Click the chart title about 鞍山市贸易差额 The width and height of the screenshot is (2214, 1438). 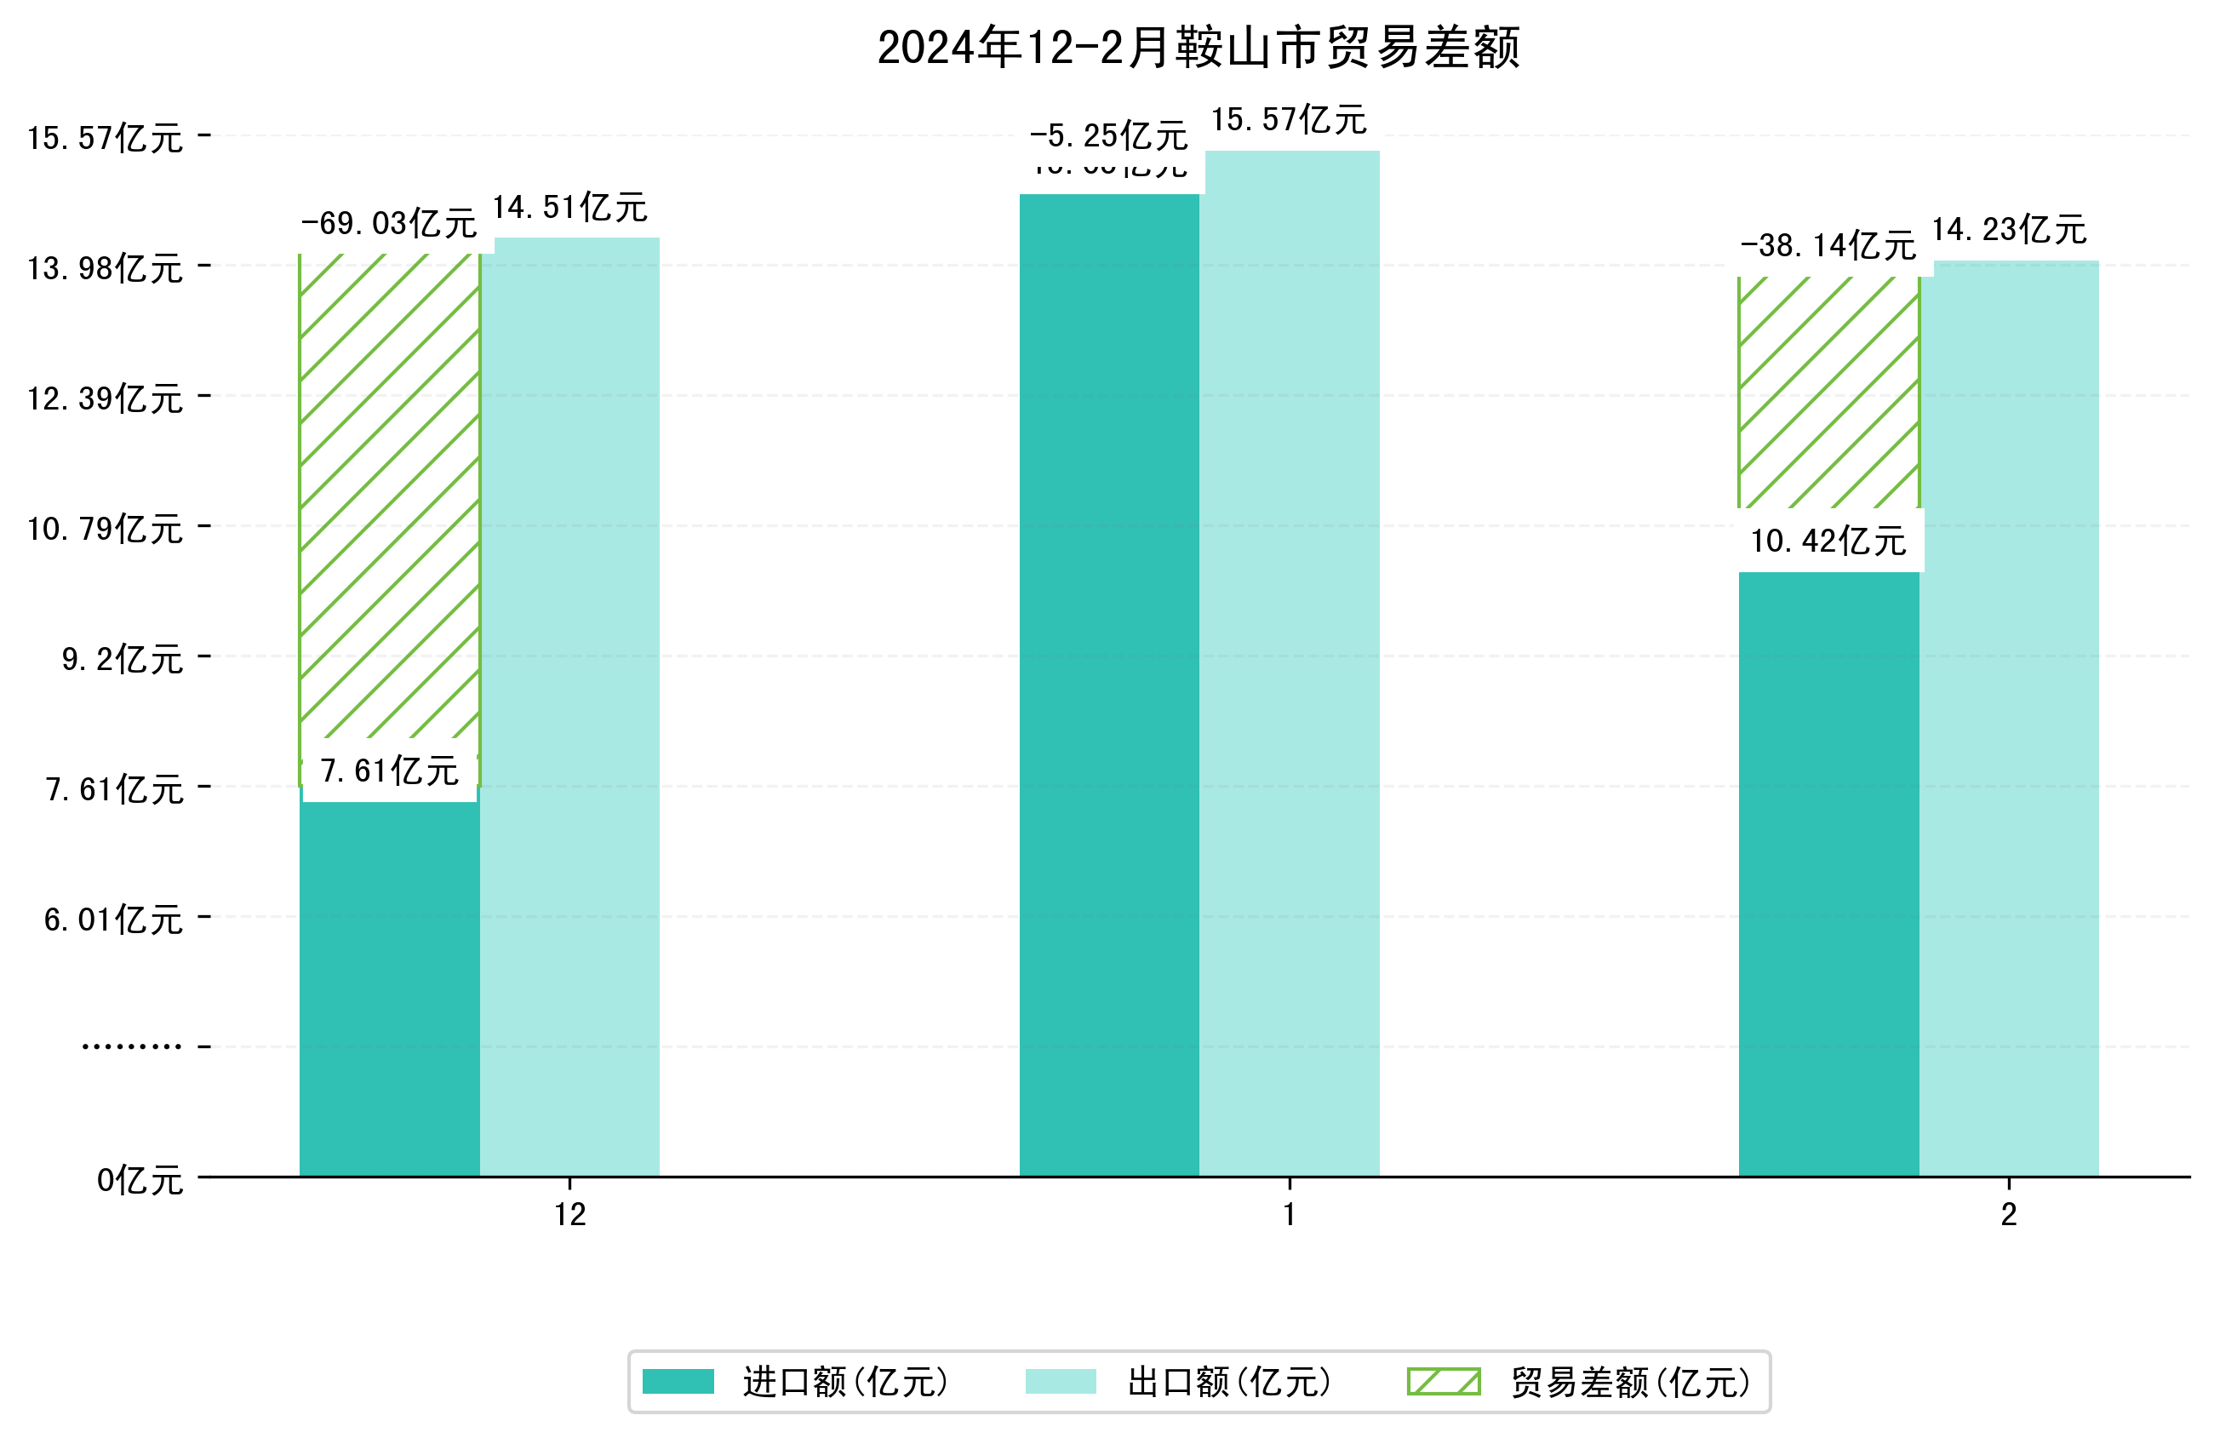click(x=1199, y=48)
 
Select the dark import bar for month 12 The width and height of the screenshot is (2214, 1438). click(x=389, y=987)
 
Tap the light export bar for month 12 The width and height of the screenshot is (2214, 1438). click(x=569, y=708)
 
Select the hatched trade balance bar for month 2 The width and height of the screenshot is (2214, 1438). click(x=1828, y=391)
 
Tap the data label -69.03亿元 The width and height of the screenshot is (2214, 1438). click(x=389, y=223)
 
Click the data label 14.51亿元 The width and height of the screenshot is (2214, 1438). click(x=569, y=208)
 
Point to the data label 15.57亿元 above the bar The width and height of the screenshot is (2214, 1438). click(x=1289, y=120)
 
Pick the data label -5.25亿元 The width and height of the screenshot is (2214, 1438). click(x=1108, y=137)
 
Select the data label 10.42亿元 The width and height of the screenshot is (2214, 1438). click(x=1828, y=541)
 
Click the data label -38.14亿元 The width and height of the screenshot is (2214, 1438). click(x=1828, y=246)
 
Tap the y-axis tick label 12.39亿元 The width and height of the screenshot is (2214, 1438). click(x=105, y=398)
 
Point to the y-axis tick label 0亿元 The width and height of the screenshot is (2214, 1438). click(x=140, y=1180)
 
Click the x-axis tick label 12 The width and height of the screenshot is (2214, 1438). click(x=570, y=1215)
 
